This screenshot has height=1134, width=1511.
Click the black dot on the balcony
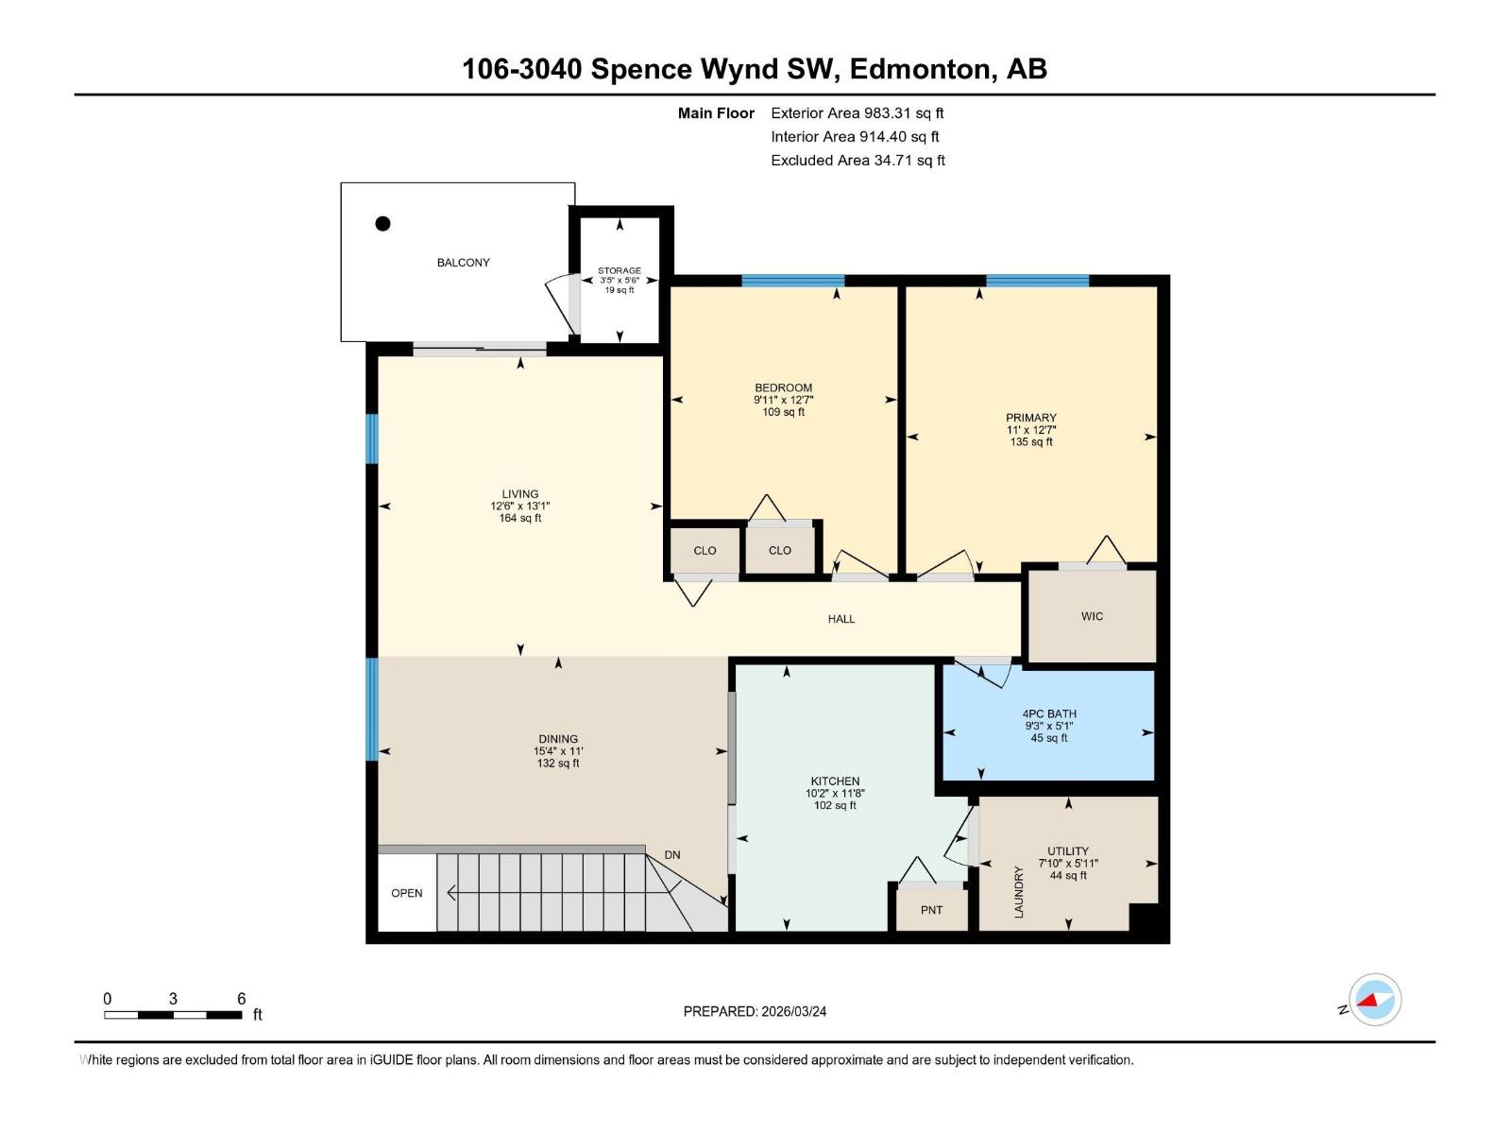382,224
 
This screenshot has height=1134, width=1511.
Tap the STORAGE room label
620,270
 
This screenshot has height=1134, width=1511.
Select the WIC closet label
1092,616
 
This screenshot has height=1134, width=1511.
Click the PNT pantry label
931,910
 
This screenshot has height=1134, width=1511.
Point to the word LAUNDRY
1019,892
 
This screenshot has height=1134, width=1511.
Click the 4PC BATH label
1049,714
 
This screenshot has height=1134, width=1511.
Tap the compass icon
1375,1000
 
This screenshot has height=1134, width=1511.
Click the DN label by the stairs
671,855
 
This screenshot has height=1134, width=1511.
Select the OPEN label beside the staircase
407,893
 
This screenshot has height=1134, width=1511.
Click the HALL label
840,619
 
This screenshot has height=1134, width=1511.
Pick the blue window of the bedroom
792,281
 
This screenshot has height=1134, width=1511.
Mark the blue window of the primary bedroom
1037,281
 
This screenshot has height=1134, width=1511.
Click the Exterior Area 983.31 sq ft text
857,113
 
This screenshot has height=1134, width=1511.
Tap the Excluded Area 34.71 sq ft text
857,161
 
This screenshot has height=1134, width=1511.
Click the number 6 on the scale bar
241,999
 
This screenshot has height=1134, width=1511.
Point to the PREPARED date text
755,1011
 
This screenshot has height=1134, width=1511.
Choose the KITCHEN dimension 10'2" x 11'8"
835,794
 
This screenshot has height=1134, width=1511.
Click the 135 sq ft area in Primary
1030,442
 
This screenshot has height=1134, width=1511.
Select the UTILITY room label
1067,850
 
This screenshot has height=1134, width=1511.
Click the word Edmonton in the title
922,69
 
